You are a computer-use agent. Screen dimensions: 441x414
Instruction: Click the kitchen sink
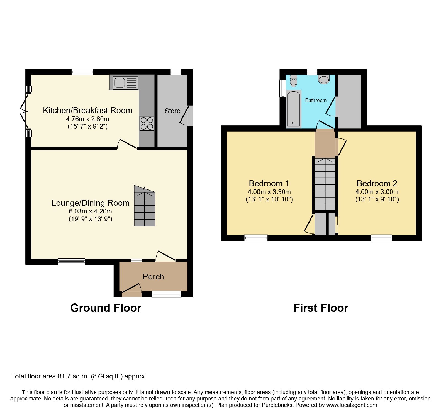pos(125,83)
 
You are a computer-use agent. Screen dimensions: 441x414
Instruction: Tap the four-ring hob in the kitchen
pos(147,123)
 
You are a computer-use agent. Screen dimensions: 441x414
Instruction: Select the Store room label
pos(172,111)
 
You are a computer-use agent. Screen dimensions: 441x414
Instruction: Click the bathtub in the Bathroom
pos(294,109)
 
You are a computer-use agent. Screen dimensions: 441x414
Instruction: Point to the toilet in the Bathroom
pos(294,81)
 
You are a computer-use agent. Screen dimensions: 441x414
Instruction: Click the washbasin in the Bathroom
pos(324,79)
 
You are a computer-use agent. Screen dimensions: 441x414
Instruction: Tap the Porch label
pos(153,277)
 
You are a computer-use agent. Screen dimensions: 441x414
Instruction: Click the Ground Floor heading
pos(106,308)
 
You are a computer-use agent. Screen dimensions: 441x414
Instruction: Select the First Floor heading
pos(321,308)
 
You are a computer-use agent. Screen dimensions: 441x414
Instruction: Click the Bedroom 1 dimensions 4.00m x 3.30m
pos(269,192)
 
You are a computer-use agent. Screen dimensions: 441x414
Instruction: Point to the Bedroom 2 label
pos(377,183)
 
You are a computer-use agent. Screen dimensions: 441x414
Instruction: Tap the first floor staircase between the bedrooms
pos(325,184)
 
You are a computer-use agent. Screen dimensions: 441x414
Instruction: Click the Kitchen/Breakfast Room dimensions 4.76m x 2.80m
pos(88,119)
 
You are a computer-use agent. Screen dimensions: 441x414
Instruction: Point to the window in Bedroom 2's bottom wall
pos(382,238)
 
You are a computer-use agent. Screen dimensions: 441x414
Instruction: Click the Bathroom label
pos(316,100)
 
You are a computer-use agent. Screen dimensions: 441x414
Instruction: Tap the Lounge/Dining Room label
pos(90,203)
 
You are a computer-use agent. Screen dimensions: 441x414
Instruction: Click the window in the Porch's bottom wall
pos(166,294)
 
